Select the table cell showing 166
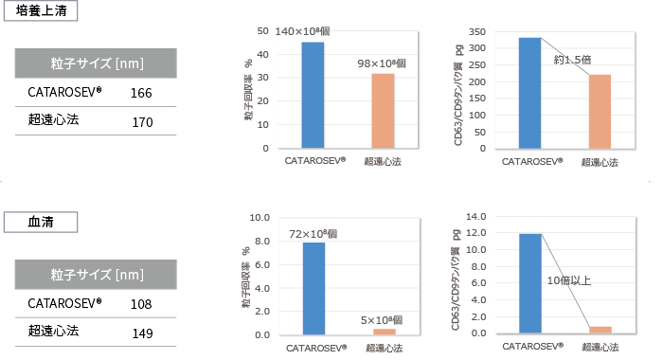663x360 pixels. (x=141, y=93)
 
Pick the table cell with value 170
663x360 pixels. (x=141, y=121)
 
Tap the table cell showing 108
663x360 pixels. (x=141, y=304)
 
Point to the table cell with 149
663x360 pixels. (x=141, y=333)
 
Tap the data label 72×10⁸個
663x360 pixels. (x=313, y=233)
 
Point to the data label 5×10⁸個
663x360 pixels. (x=382, y=319)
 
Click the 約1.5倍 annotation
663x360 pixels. (x=572, y=60)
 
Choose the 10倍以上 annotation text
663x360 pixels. (x=569, y=281)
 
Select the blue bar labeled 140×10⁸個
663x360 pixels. (x=313, y=95)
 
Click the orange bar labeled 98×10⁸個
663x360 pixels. (x=383, y=111)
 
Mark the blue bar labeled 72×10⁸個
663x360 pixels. (x=314, y=288)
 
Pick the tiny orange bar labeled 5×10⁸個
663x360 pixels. (x=384, y=332)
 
